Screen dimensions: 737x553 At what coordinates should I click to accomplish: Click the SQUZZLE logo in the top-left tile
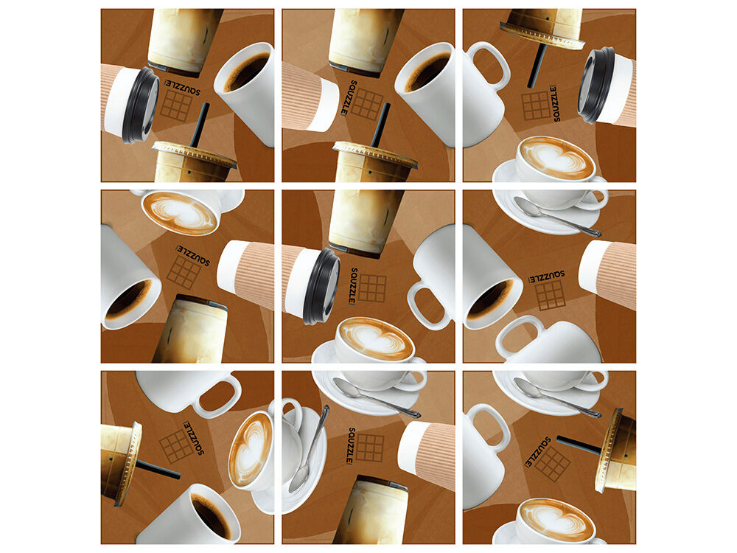(x=182, y=87)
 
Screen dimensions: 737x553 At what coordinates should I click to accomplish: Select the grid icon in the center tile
(x=372, y=288)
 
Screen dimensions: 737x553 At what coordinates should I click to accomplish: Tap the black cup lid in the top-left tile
(x=141, y=105)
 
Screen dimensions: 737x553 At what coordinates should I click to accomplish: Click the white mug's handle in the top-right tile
(x=490, y=66)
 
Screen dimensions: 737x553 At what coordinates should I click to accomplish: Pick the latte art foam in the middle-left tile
(x=180, y=212)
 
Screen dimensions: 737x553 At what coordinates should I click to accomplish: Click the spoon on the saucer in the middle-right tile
(x=557, y=217)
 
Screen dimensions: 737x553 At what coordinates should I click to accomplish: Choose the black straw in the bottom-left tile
(x=158, y=469)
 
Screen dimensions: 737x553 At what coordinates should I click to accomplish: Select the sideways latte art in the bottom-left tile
(x=251, y=450)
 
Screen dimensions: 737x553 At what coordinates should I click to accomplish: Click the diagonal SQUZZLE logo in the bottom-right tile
(x=538, y=452)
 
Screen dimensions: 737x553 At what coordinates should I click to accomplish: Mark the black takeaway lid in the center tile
(x=321, y=286)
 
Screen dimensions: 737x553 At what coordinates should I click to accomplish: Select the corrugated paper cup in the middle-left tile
(x=245, y=274)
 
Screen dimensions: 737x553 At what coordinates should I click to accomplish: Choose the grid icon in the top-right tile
(x=535, y=105)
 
